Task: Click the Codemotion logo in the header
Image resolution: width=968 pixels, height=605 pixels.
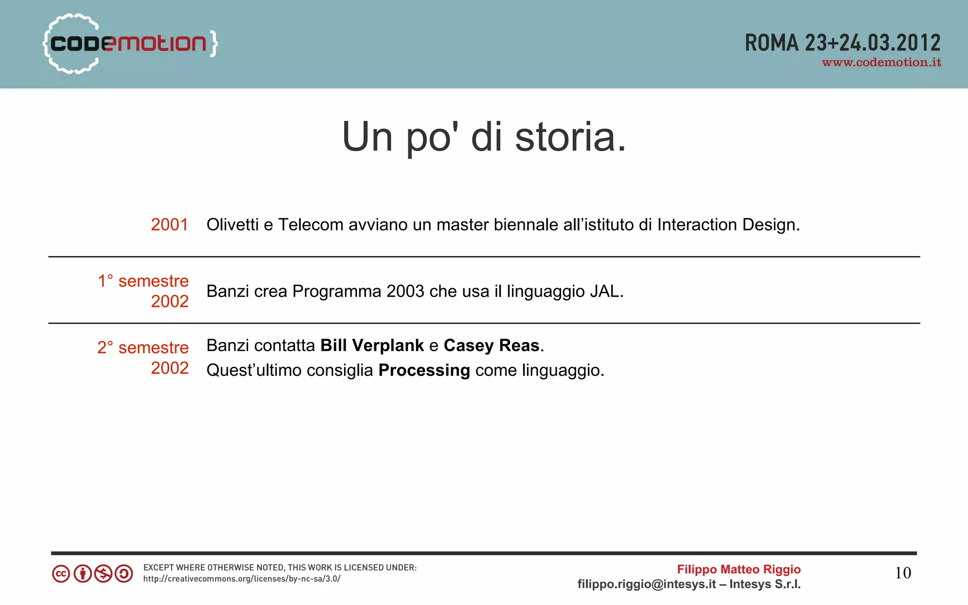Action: pos(130,43)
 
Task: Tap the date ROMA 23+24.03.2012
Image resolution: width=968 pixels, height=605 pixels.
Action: pos(842,43)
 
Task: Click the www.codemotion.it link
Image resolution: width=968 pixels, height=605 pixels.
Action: pos(881,63)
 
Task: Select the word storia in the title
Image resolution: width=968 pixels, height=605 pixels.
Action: pos(570,137)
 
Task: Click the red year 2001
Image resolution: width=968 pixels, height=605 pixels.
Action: pos(169,225)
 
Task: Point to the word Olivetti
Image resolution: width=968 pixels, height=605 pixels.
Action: pos(233,225)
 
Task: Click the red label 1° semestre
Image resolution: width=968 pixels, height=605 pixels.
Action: pos(143,281)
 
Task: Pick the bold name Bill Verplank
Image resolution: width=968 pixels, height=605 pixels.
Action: pos(372,346)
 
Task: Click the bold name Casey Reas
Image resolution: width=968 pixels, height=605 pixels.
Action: pos(492,346)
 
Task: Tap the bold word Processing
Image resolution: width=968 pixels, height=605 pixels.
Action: pos(424,370)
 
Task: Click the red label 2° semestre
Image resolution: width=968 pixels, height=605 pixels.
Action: pos(143,348)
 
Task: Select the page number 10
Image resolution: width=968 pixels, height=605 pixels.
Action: pos(903,573)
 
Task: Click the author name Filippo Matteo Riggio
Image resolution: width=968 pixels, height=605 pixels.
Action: pos(739,570)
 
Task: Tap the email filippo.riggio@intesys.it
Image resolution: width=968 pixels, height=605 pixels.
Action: pos(647,585)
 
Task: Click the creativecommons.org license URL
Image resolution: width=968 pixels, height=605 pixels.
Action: pos(242,579)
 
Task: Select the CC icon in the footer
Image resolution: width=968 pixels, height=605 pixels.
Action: pos(61,574)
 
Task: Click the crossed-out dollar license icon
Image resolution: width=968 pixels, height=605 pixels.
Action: pos(103,574)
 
